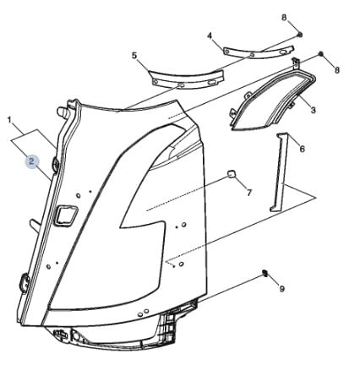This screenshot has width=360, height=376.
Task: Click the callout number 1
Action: pos(10,120)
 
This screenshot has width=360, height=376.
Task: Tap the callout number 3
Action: pos(313,110)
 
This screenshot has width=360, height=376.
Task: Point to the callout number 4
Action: pos(210,35)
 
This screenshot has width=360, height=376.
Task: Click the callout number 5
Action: pos(134,56)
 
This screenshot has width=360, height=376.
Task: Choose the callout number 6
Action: pos(302,149)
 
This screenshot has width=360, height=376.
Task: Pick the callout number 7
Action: pos(249,193)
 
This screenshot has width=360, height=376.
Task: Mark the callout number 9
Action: pos(282,288)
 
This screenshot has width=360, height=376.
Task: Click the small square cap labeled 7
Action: pos(231,174)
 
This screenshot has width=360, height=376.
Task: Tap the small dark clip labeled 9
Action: pos(265,273)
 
